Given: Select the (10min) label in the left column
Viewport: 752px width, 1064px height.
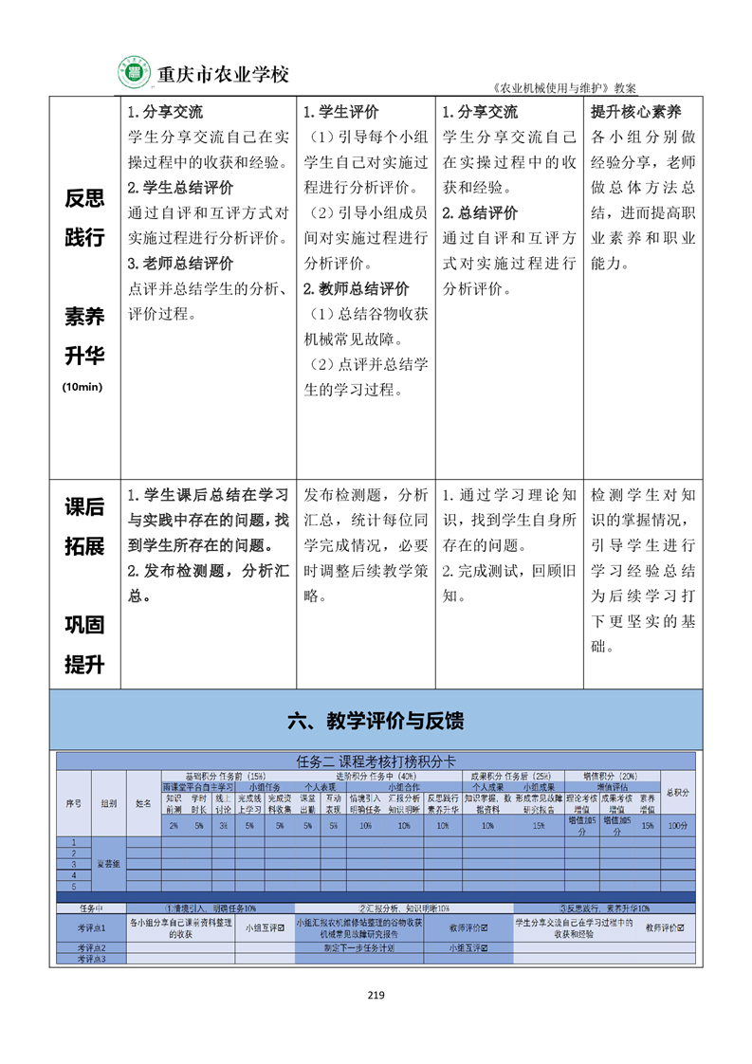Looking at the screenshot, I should (83, 387).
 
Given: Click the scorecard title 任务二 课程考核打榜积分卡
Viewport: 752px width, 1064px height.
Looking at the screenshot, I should (376, 761).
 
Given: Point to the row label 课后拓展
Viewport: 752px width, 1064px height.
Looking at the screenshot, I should (83, 528).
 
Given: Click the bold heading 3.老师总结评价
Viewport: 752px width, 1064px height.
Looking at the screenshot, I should (180, 264).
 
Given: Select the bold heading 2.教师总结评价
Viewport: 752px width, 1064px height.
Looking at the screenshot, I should (356, 289).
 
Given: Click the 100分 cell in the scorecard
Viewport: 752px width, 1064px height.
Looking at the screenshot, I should (677, 826).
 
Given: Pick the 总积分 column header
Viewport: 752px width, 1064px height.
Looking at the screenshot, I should (677, 793).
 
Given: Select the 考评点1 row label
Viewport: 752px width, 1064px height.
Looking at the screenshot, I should (91, 927).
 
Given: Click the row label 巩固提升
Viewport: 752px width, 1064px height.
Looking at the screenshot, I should (83, 645).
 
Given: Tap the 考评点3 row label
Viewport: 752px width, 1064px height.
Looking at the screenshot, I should (91, 959).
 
